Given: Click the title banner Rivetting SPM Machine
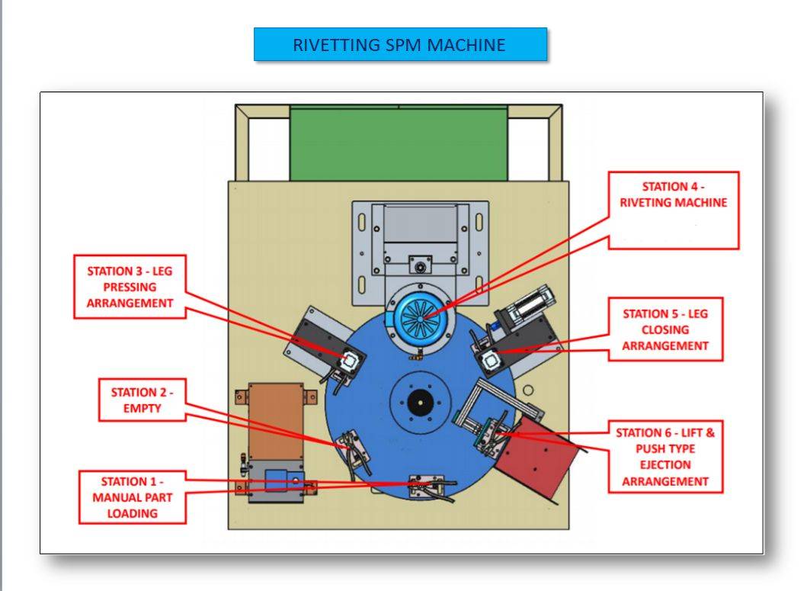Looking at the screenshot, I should (x=399, y=44).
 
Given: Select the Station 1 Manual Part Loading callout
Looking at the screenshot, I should (x=133, y=497).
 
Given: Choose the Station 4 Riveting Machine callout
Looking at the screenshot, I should (x=674, y=210).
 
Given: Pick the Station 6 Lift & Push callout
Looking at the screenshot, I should (x=667, y=456).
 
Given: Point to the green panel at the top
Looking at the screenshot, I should (x=399, y=143).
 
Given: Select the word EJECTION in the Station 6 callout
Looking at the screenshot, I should (x=667, y=464).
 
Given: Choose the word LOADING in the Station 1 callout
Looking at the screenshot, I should (x=133, y=513).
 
